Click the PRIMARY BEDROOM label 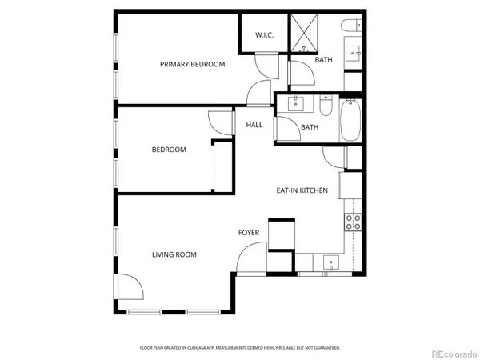coord(192,64)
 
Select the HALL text coord(254,125)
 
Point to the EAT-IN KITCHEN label coord(302,190)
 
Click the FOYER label coord(249,233)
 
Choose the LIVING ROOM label coord(174,254)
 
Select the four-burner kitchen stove coord(352,222)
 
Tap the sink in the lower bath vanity coord(297,103)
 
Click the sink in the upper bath coord(354,53)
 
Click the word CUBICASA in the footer coord(213,348)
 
